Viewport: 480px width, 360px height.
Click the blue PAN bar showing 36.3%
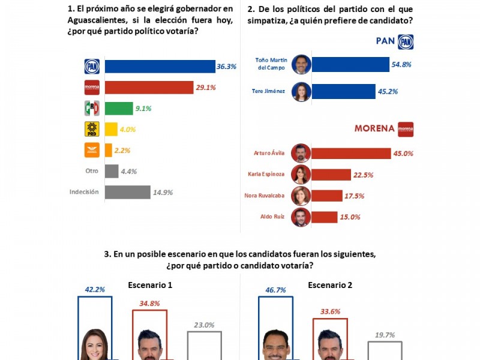[x=160, y=67]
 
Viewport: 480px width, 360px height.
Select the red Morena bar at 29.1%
[x=149, y=88]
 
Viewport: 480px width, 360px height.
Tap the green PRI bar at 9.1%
[x=119, y=109]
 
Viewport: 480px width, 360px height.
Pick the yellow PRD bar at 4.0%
[x=111, y=130]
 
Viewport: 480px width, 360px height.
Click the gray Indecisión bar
[x=127, y=192]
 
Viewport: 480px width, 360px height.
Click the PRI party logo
[x=91, y=109]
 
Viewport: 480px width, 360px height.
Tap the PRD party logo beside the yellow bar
[x=91, y=130]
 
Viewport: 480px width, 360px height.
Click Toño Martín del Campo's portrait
[x=301, y=64]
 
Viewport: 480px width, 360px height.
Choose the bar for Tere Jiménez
[x=343, y=92]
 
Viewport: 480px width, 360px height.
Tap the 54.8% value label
[x=402, y=64]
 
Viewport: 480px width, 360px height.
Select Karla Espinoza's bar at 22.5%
[x=331, y=175]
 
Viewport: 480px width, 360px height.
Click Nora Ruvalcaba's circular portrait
[x=300, y=196]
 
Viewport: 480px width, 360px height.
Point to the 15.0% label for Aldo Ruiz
[x=351, y=217]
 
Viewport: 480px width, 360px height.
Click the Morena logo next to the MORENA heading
[x=406, y=129]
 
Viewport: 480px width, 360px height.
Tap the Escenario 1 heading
[x=151, y=285]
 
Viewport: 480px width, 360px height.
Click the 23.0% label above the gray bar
[x=204, y=325]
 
